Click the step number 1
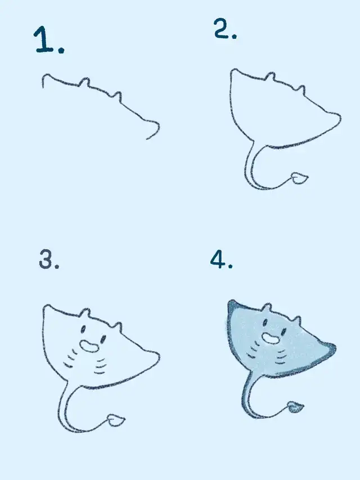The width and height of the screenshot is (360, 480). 49,40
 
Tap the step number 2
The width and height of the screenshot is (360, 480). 226,29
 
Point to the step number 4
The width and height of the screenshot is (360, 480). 221,259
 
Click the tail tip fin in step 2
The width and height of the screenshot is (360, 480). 299,178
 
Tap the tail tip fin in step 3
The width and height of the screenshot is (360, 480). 116,420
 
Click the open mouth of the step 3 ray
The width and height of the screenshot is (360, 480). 89,347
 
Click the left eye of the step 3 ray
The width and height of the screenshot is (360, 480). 83,329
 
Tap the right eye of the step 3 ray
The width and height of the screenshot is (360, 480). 103,339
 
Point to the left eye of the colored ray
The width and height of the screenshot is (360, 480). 265,322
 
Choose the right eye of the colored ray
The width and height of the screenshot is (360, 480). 284,331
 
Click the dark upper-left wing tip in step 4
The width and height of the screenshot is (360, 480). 233,307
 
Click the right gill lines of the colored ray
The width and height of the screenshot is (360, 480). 282,357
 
